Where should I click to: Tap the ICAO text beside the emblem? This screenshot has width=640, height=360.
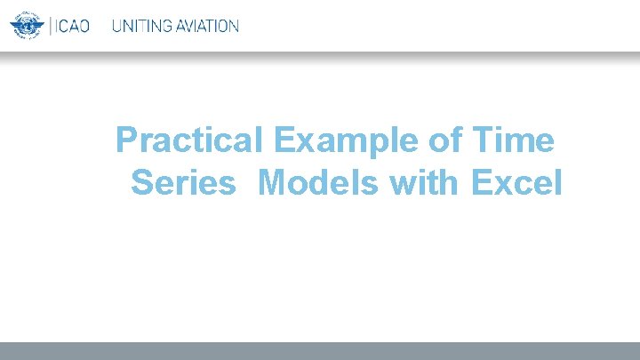[x=72, y=26]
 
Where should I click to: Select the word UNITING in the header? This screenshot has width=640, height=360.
[x=141, y=26]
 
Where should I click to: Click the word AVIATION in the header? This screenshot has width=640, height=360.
[x=206, y=26]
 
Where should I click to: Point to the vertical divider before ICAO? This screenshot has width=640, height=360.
[x=50, y=26]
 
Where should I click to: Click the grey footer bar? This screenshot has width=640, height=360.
[x=320, y=351]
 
